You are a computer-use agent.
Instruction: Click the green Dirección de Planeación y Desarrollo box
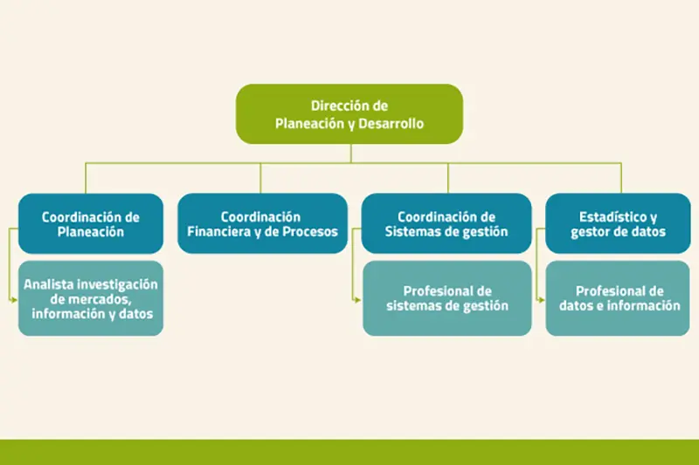click(349, 114)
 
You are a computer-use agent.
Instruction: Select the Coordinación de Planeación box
click(91, 223)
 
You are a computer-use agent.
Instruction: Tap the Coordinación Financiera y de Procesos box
click(262, 223)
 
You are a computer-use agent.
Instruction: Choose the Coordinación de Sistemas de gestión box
click(446, 223)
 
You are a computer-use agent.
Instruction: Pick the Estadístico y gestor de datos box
click(618, 223)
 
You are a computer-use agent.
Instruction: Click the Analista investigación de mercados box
click(91, 298)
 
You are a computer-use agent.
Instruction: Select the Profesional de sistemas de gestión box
click(447, 298)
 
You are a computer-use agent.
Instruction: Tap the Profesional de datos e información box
click(618, 298)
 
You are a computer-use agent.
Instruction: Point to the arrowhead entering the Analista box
click(15, 300)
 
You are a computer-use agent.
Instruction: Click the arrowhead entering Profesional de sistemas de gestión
click(358, 300)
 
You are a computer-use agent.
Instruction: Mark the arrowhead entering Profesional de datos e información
click(542, 300)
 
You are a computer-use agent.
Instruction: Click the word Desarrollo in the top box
click(391, 123)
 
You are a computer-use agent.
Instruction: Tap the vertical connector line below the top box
click(351, 154)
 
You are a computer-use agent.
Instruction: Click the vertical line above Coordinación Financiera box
click(260, 178)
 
